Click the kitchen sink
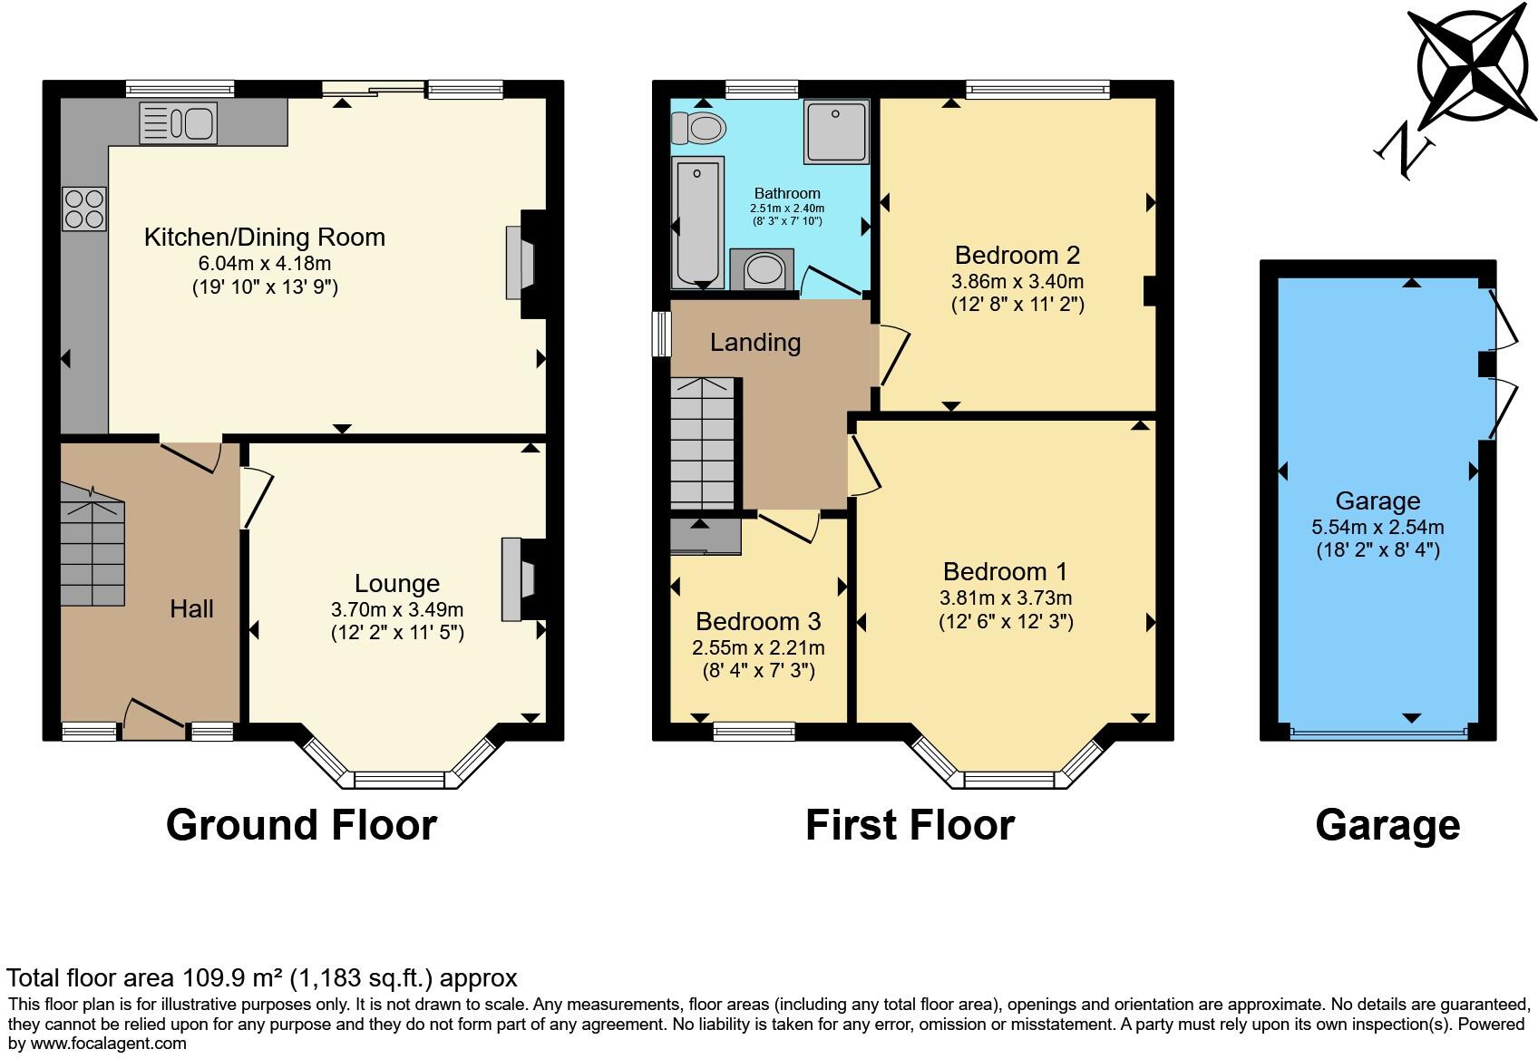(178, 123)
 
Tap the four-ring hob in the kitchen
(83, 209)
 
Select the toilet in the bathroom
(700, 129)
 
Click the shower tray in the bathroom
(836, 131)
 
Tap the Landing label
(754, 343)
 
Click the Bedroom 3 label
(758, 622)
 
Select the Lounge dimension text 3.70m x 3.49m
(397, 609)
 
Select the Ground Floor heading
(301, 825)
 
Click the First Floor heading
(910, 825)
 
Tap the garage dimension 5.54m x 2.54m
(1377, 527)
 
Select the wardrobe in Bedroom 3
(706, 537)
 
